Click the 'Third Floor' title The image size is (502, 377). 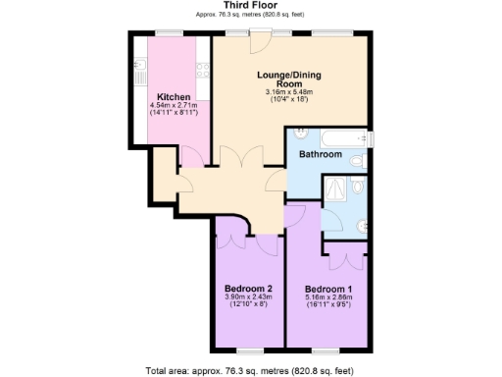click(250, 7)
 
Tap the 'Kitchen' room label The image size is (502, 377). click(174, 97)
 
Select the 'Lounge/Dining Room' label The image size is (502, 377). click(288, 80)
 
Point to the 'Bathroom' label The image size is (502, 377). click(320, 155)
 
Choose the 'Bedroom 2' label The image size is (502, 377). click(248, 289)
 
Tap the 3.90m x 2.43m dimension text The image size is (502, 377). click(248, 297)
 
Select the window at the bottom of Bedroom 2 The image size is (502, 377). click(249, 350)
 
